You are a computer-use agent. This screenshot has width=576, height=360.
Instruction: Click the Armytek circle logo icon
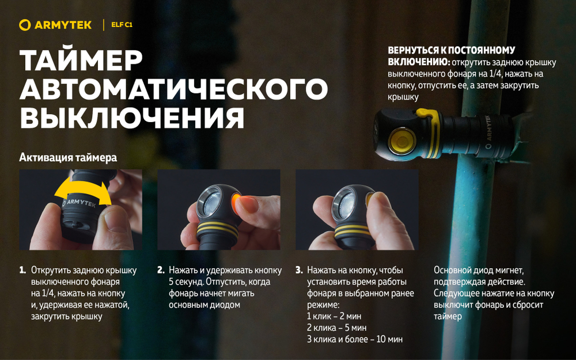pos(24,25)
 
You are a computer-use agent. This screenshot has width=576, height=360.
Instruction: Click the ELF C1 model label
pos(122,25)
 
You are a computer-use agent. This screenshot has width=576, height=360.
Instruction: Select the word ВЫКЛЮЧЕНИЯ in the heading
pos(132,118)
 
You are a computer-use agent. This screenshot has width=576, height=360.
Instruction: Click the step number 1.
pos(22,270)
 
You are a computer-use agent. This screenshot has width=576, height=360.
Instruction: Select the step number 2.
pos(161,270)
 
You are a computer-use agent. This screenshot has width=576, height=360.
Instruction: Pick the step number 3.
pos(299,270)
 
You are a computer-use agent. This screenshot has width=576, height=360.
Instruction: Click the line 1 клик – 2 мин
pos(334,316)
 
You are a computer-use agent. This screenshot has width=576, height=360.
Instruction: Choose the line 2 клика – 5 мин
pos(336,328)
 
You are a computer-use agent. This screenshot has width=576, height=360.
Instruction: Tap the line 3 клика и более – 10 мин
pos(354,339)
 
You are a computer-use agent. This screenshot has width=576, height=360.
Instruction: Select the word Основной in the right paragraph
pos(453,270)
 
